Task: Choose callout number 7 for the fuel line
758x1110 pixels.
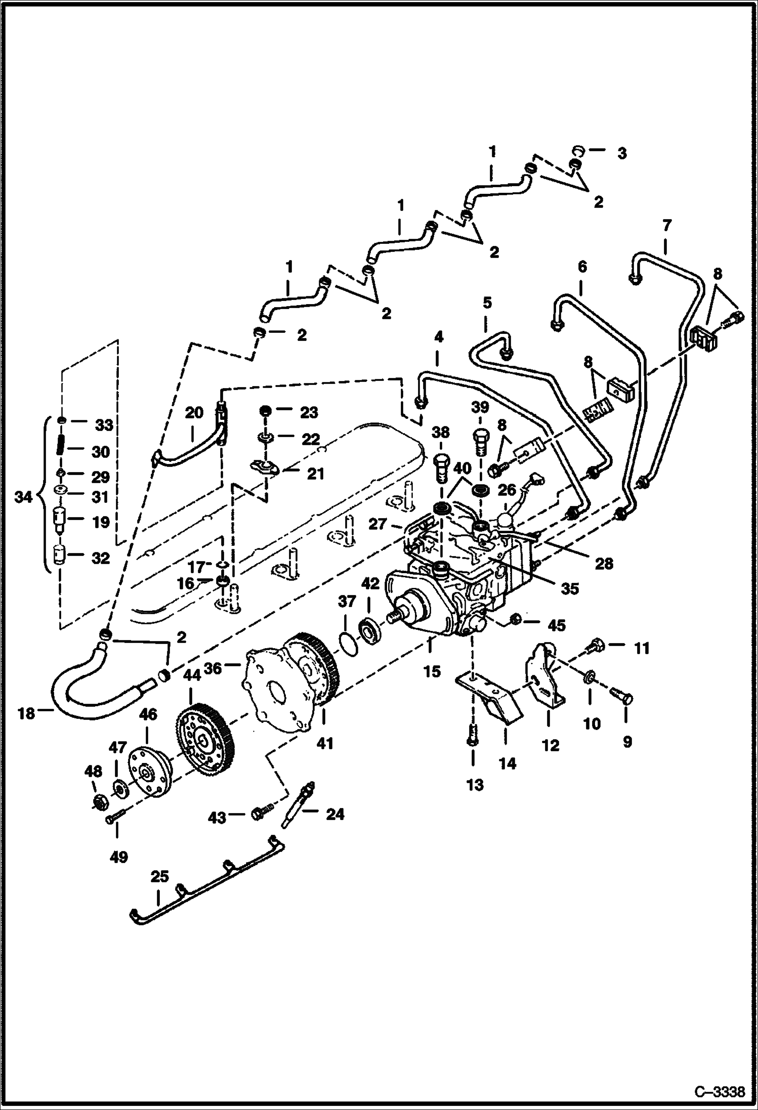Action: coord(667,224)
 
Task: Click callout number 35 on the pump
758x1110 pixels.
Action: coord(569,588)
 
